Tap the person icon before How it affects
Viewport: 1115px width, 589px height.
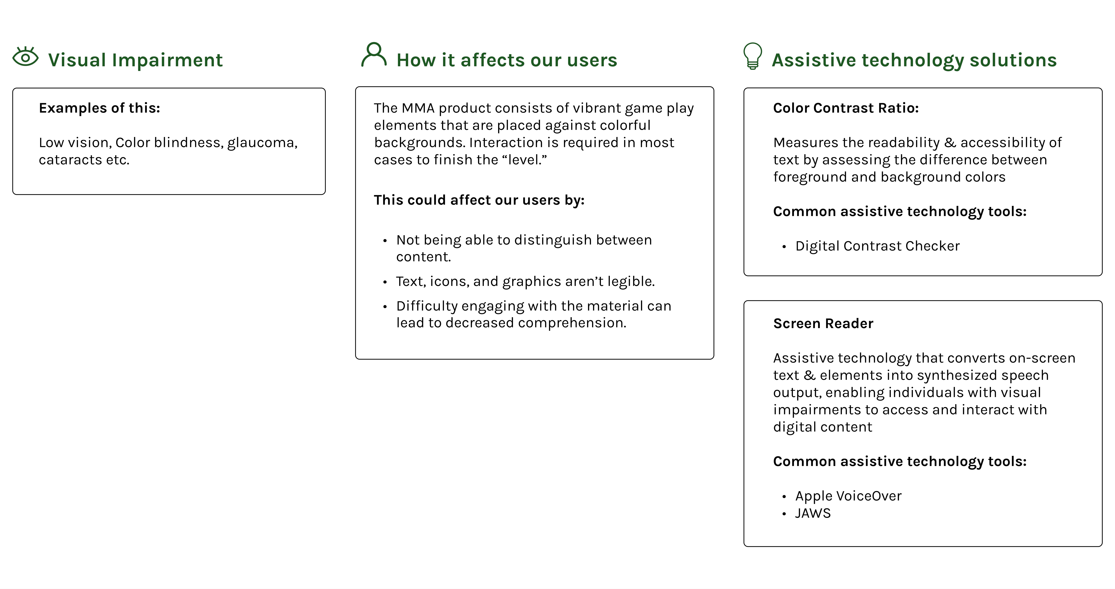click(374, 55)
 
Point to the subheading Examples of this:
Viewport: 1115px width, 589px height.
click(100, 108)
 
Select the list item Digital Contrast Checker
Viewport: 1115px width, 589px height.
click(877, 246)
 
